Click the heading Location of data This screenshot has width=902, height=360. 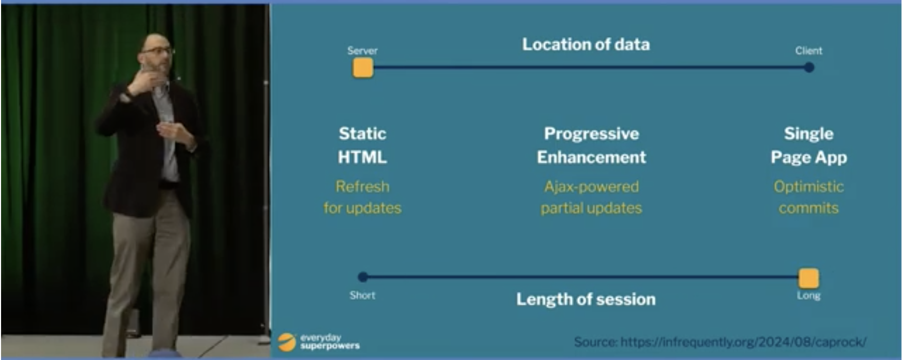[x=586, y=44]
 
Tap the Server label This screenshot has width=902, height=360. [x=363, y=51]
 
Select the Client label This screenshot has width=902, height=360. [x=809, y=51]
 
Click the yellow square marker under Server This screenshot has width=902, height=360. [x=363, y=68]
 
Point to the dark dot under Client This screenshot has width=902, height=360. [x=809, y=68]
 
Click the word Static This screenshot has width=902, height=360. [x=363, y=134]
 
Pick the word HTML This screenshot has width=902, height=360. [x=363, y=157]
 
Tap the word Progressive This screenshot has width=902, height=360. [x=592, y=134]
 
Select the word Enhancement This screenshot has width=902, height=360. [x=592, y=157]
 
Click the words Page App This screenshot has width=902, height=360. [x=809, y=157]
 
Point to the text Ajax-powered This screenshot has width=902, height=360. [x=592, y=187]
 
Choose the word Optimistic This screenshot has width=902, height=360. [x=809, y=187]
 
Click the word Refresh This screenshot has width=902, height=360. [x=363, y=186]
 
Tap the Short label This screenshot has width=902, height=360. [x=363, y=295]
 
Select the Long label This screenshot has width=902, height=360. [x=809, y=296]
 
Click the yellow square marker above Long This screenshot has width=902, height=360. [x=809, y=278]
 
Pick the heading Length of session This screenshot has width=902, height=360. [x=586, y=300]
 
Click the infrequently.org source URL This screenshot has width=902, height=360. [x=743, y=342]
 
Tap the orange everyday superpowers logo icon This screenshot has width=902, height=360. [x=287, y=342]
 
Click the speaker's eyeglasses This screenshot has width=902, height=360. [x=158, y=51]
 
